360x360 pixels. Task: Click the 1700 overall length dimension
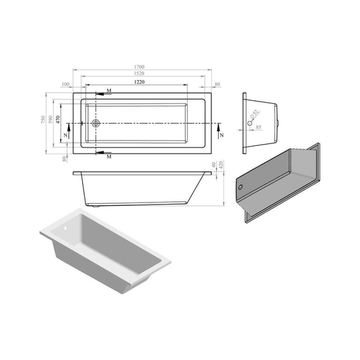pyautogui.click(x=140, y=67)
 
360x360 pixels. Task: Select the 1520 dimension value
pyautogui.click(x=140, y=73)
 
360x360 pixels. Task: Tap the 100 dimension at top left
pyautogui.click(x=65, y=85)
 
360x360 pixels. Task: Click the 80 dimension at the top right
pyautogui.click(x=217, y=85)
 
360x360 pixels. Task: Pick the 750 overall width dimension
pyautogui.click(x=44, y=119)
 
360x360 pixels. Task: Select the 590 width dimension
pyautogui.click(x=51, y=119)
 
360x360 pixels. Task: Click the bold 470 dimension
pyautogui.click(x=59, y=119)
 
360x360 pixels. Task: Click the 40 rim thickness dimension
pyautogui.click(x=213, y=164)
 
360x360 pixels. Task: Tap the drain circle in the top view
pyautogui.click(x=96, y=124)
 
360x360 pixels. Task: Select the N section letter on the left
pyautogui.click(x=65, y=135)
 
